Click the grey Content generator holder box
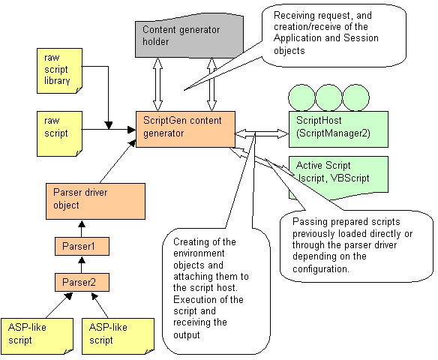tap(189, 36)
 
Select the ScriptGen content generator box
tap(185, 129)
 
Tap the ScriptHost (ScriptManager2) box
tap(338, 129)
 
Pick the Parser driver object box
tap(95, 201)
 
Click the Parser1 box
tap(82, 246)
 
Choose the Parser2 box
tap(82, 282)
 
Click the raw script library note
tap(59, 70)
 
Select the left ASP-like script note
tap(37, 336)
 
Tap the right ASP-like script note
tap(118, 336)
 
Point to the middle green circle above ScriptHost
tap(328, 97)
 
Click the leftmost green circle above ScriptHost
tap(301, 97)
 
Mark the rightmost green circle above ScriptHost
tap(355, 97)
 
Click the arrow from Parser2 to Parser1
tap(82, 265)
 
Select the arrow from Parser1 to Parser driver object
tap(82, 229)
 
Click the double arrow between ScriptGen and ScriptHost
tap(262, 133)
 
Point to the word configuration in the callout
tap(321, 268)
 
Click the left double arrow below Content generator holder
tap(157, 84)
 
